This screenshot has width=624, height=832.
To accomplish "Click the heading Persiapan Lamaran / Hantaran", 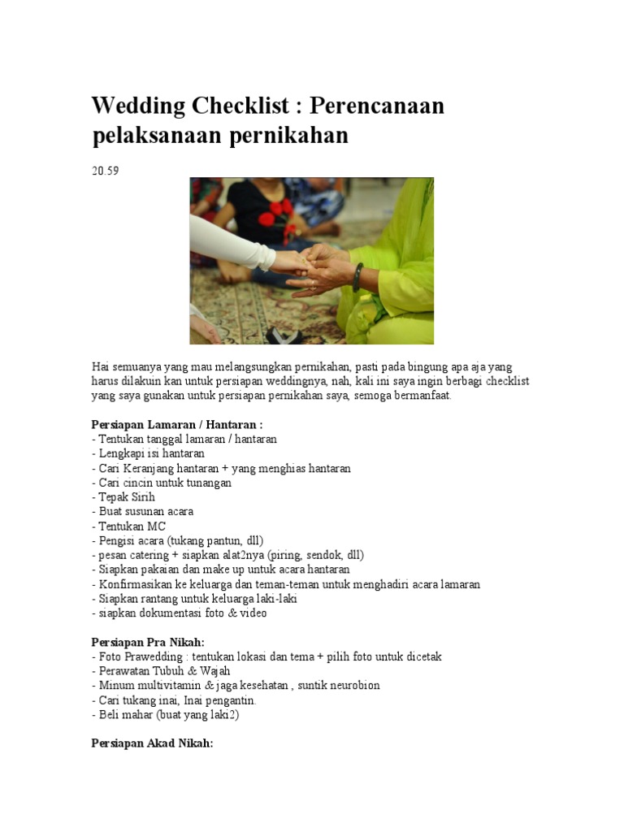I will [177, 424].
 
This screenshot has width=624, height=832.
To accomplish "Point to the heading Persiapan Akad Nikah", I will [153, 743].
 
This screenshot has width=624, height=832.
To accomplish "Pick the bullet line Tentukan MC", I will [130, 526].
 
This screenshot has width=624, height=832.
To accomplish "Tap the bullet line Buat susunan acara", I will [142, 512].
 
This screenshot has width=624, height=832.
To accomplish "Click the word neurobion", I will [350, 685].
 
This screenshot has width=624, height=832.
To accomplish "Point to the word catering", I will [153, 555].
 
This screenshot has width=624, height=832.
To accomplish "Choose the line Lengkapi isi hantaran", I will [148, 453].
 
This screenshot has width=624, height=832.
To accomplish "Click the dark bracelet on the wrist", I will [358, 276].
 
